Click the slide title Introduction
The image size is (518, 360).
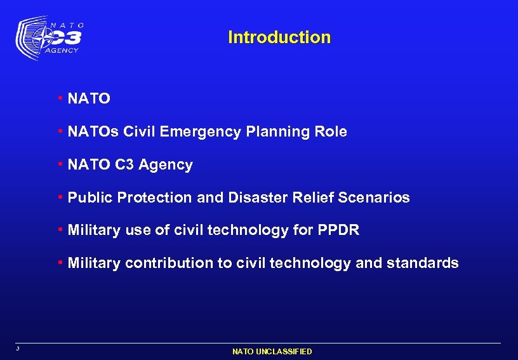point(279,37)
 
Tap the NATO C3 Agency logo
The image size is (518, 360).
point(50,38)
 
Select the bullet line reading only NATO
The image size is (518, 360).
point(89,99)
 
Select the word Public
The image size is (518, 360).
point(88,198)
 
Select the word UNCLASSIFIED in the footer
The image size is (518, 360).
point(284,351)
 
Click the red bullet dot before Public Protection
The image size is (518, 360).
point(60,197)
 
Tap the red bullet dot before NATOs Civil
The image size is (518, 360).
point(60,131)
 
